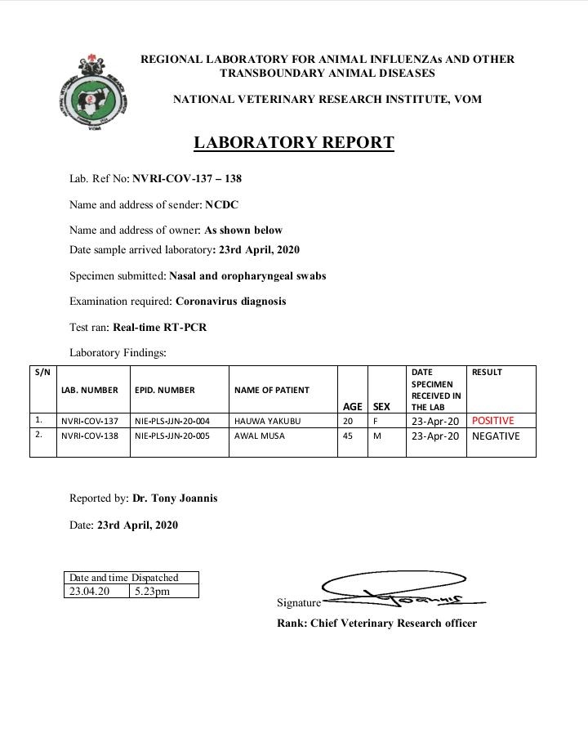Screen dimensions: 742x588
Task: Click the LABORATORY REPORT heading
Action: (x=294, y=143)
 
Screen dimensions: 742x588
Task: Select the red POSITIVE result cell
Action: (x=493, y=421)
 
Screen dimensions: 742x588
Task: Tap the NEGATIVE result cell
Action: (x=496, y=436)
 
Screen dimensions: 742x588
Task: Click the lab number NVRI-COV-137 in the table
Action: (x=90, y=421)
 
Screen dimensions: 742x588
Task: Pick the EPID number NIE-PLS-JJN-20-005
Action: (x=171, y=436)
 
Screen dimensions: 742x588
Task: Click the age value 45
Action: (x=348, y=436)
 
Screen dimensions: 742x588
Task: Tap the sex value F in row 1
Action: (x=376, y=421)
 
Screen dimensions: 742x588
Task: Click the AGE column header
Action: (x=353, y=406)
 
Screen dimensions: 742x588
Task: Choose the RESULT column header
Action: (x=487, y=373)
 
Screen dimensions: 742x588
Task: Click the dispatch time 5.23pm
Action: (x=154, y=591)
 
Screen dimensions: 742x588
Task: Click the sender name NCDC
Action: (x=221, y=204)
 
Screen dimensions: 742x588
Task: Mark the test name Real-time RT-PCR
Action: (x=160, y=328)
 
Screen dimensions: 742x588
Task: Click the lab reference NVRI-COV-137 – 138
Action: (x=187, y=178)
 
